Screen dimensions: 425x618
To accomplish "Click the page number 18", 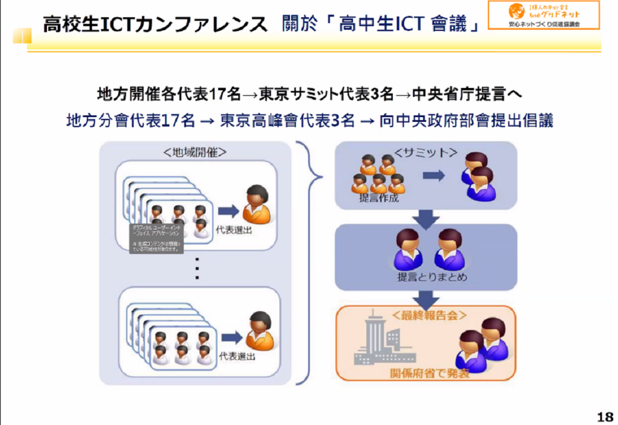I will pyautogui.click(x=604, y=416).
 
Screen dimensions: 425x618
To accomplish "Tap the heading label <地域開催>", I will pyautogui.click(x=194, y=152).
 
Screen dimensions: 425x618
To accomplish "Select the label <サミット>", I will pyautogui.click(x=425, y=153).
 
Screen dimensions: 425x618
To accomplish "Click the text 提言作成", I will pyautogui.click(x=379, y=198).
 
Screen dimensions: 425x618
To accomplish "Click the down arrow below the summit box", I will pyautogui.click(x=425, y=218).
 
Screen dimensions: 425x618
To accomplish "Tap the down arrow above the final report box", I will pyautogui.click(x=425, y=297).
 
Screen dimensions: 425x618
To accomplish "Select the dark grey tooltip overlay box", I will pyautogui.click(x=157, y=238).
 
